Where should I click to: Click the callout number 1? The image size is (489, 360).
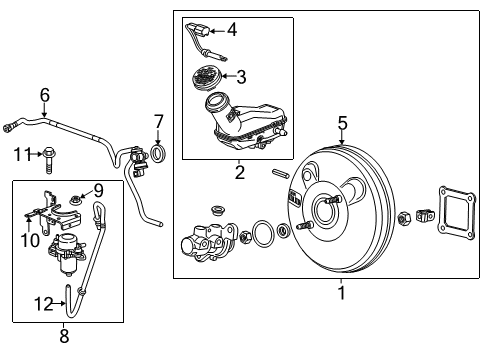coord(341,293)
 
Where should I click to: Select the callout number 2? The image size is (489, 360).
coord(239,173)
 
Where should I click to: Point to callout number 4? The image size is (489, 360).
coord(231,30)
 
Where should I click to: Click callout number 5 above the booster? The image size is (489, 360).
coord(342,123)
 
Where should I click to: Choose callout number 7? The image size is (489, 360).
coord(157,122)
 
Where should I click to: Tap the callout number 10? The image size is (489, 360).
coord(30,239)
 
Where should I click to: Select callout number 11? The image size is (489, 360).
coord(17,153)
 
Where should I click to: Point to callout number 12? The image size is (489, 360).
coord(40,303)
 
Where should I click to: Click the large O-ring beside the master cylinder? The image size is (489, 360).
coord(263,236)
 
